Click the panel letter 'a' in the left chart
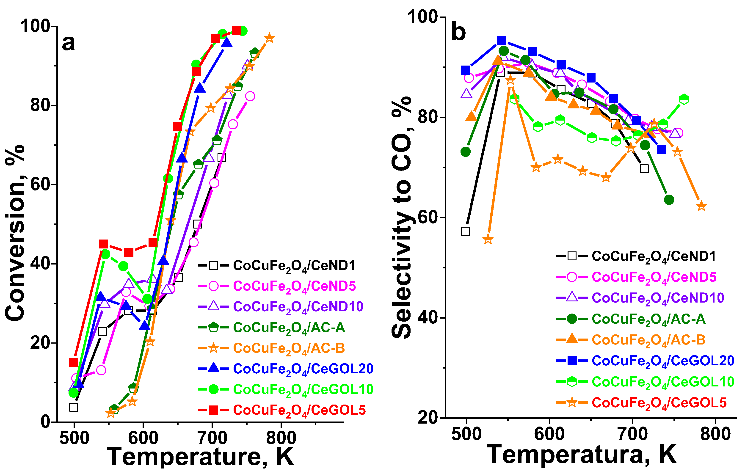pyautogui.click(x=68, y=43)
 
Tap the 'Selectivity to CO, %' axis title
pyautogui.click(x=402, y=217)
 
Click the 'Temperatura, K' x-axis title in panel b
pyautogui.click(x=581, y=454)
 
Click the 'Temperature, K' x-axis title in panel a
pyautogui.click(x=200, y=456)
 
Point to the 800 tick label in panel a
pyautogui.click(x=281, y=438)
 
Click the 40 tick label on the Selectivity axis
pyautogui.click(x=428, y=318)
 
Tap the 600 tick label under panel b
pyautogui.click(x=549, y=434)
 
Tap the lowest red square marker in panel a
pyautogui.click(x=74, y=362)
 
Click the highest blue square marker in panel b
pyautogui.click(x=501, y=41)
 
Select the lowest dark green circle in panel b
pyautogui.click(x=669, y=200)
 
